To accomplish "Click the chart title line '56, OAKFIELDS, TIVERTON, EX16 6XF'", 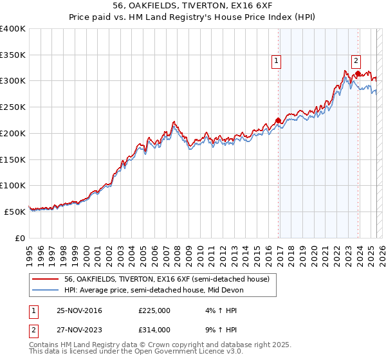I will click(x=192, y=6).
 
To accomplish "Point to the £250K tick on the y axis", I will click(x=13, y=107).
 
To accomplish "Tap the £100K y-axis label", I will click(x=13, y=185).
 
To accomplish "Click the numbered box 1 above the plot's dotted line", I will click(x=276, y=61).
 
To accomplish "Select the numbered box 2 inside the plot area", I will click(x=354, y=61).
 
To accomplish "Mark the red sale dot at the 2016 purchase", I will click(x=278, y=120).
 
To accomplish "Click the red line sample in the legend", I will click(x=46, y=279).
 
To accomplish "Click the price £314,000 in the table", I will click(x=154, y=329).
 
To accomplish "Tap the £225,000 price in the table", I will click(x=154, y=310).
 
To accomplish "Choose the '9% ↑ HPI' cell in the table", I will click(x=220, y=329).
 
